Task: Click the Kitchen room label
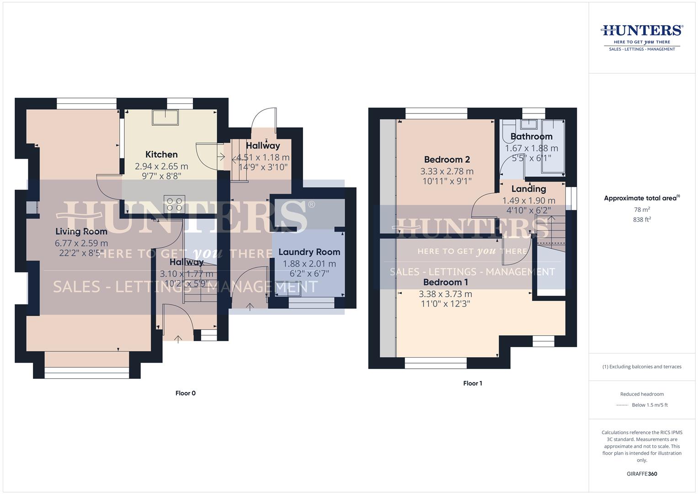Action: (x=161, y=155)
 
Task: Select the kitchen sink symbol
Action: (x=165, y=117)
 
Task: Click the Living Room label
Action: (x=81, y=231)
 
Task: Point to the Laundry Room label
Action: (x=309, y=252)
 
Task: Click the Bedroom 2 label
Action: (x=447, y=160)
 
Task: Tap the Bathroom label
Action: (x=531, y=136)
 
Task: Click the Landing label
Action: (x=528, y=189)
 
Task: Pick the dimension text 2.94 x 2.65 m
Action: (x=161, y=166)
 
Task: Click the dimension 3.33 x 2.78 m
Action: (x=447, y=172)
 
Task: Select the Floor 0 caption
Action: (x=186, y=393)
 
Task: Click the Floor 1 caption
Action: (x=473, y=383)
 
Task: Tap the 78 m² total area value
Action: (x=642, y=209)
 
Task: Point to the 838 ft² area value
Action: (x=642, y=220)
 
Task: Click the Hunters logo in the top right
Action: (x=642, y=37)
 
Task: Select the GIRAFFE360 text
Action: (x=642, y=474)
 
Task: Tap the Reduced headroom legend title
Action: (x=642, y=394)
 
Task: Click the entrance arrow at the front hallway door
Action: (x=178, y=338)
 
